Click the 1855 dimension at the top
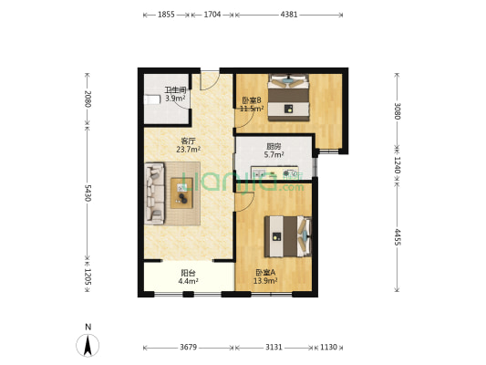click(x=166, y=15)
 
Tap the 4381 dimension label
click(x=289, y=15)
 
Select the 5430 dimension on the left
click(x=88, y=193)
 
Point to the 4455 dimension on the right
click(x=397, y=237)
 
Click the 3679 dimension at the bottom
click(x=189, y=347)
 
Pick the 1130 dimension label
click(x=328, y=347)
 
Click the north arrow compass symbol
click(x=88, y=345)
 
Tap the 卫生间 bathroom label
click(x=175, y=90)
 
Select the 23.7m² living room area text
click(x=188, y=150)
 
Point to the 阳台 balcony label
click(x=188, y=273)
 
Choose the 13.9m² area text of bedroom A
click(x=265, y=281)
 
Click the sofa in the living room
click(x=154, y=193)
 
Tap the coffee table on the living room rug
click(x=182, y=193)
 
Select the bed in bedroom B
click(x=288, y=98)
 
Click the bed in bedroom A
click(x=288, y=236)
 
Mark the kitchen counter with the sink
click(x=274, y=172)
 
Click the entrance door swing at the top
click(x=210, y=81)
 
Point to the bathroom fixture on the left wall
click(x=152, y=99)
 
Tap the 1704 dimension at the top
click(x=212, y=15)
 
